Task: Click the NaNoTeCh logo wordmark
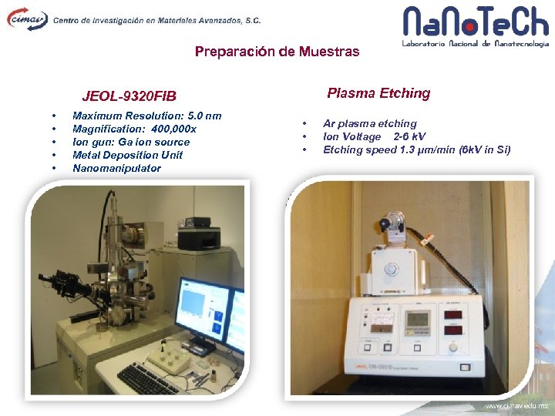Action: [476, 22]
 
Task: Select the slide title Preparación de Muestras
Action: [277, 52]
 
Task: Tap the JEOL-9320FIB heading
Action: [129, 96]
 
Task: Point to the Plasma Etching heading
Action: [378, 93]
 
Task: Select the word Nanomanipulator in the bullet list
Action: [116, 168]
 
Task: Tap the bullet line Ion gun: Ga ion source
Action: [130, 142]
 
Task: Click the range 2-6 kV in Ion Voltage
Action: [409, 136]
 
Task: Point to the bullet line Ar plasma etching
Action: [369, 123]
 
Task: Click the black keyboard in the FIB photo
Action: [146, 378]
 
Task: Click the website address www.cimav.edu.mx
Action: [516, 406]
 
